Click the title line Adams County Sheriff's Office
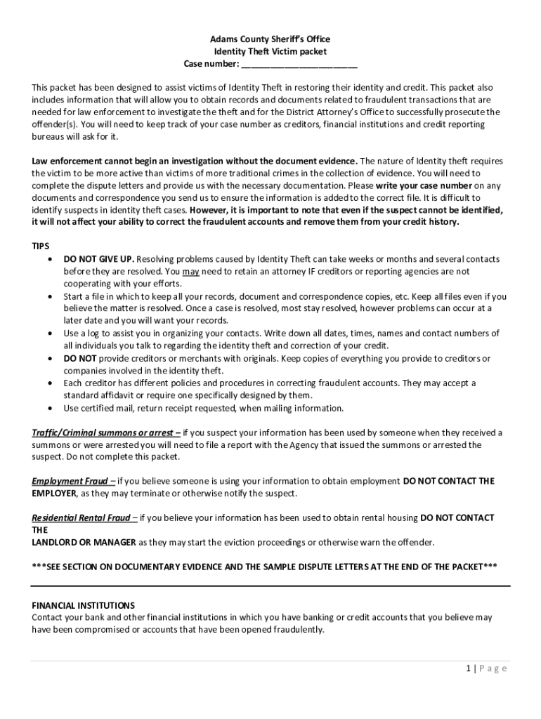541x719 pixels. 270,39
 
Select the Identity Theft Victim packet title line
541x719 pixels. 270,52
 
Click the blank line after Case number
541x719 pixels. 299,65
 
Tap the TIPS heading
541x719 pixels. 41,246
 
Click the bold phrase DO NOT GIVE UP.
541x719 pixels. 99,259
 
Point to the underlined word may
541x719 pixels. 190,272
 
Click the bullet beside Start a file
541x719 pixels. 49,297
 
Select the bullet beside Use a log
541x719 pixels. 49,334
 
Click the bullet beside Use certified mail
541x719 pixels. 49,408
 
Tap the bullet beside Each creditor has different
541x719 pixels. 49,383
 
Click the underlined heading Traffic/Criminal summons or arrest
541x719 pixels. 105,433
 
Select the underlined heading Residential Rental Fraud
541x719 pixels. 84,518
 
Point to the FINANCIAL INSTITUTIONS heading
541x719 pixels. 83,605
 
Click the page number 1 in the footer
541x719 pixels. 467,668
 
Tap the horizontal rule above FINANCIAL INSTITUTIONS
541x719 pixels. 270,584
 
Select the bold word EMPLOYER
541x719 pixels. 54,494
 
